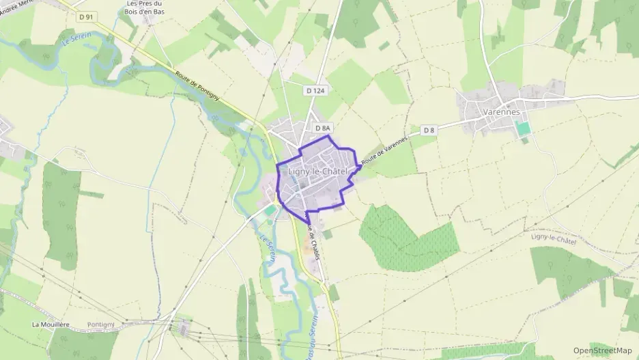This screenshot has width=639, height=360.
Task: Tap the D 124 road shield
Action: (x=314, y=89)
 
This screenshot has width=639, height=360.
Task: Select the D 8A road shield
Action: (x=323, y=128)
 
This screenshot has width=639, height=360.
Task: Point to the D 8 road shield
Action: (x=429, y=130)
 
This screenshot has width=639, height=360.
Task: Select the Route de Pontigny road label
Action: (x=197, y=87)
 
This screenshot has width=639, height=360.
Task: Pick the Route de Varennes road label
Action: (x=384, y=148)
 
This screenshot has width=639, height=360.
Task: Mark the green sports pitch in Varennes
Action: (x=523, y=128)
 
